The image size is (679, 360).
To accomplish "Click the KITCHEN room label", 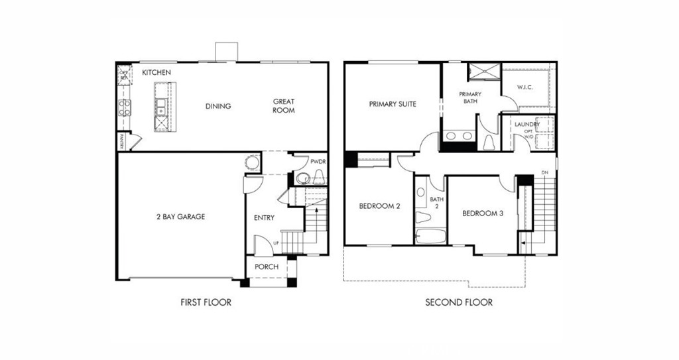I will [x=156, y=72].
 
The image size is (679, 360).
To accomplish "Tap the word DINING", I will [x=217, y=106].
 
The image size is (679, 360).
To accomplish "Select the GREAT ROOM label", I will [x=284, y=106].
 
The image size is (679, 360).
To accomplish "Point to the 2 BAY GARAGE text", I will [x=180, y=217].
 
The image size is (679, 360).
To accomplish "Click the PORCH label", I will [x=267, y=267].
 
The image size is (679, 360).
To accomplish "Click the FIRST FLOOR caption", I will [x=206, y=303].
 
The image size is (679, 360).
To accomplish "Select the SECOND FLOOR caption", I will [x=459, y=303].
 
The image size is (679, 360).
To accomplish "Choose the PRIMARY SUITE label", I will [x=393, y=104].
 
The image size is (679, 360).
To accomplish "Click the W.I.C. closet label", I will [x=525, y=88].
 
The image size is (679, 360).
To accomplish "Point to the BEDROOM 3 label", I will [x=483, y=213].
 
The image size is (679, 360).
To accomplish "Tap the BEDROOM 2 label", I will [x=379, y=206].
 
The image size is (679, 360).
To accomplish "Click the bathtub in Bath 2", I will [x=430, y=237].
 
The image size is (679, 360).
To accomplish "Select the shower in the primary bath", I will [x=485, y=72].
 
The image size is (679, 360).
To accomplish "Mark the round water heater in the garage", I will [x=253, y=163].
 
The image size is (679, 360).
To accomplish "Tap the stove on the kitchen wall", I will [x=124, y=108].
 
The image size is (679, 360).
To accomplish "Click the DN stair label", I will [x=545, y=172].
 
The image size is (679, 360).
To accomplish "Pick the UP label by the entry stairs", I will [x=276, y=243].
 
